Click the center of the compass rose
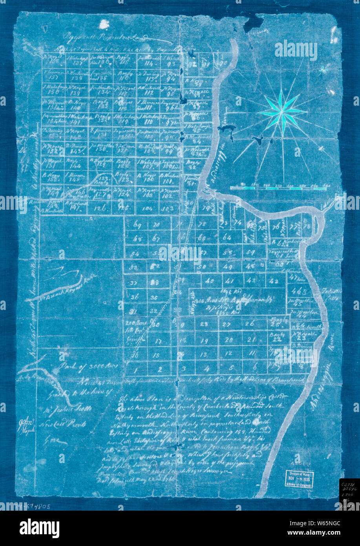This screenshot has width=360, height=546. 283,112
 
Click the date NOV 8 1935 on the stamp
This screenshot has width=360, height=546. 299,479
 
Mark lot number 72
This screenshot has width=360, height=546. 203,224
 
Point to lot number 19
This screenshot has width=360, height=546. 203,341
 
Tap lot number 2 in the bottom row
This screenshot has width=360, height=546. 160,369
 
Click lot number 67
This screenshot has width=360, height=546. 156,239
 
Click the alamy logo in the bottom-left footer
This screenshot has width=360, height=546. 39,528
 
